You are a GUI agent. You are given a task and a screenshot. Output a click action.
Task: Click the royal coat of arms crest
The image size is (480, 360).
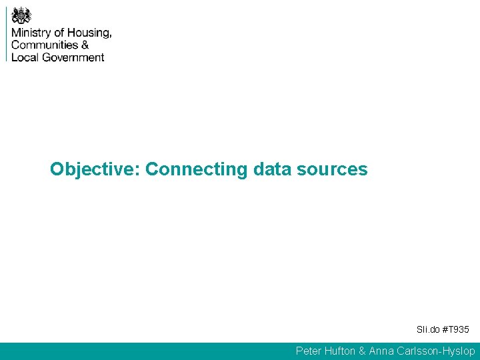click(x=21, y=15)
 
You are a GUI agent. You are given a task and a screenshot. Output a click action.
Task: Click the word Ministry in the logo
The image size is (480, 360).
click(x=31, y=33)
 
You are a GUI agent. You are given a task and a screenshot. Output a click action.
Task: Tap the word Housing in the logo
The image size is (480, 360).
click(x=89, y=33)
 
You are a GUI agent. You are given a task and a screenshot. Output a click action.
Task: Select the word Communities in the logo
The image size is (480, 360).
click(x=45, y=45)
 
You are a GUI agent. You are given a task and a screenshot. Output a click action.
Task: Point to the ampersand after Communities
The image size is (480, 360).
click(x=85, y=45)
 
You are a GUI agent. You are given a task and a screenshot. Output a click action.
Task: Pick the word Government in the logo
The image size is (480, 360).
click(x=73, y=57)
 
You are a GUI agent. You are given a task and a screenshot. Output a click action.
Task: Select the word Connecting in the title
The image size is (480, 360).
click(x=197, y=169)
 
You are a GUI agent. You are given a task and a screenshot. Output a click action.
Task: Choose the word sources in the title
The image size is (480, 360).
click(x=332, y=169)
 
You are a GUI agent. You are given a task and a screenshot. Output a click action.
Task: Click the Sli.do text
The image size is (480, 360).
click(x=428, y=329)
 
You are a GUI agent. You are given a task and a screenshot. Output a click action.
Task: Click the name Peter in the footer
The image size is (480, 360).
click(x=309, y=351)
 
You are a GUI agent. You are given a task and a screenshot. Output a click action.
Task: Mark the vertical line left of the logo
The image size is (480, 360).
click(x=7, y=33)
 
